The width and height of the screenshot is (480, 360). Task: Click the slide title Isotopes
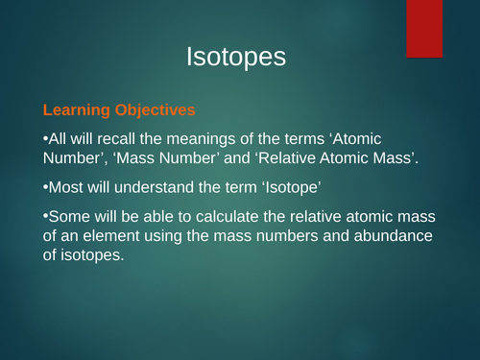coord(236,58)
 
